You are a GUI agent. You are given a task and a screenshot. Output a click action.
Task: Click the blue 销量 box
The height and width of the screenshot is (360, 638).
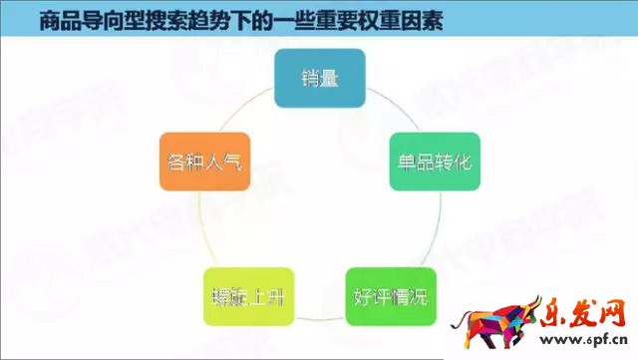pos(320,79)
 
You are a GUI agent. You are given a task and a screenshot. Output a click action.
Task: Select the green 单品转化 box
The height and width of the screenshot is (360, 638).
pos(434,162)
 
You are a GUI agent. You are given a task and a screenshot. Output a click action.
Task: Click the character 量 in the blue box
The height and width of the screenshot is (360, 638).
pos(330,79)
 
